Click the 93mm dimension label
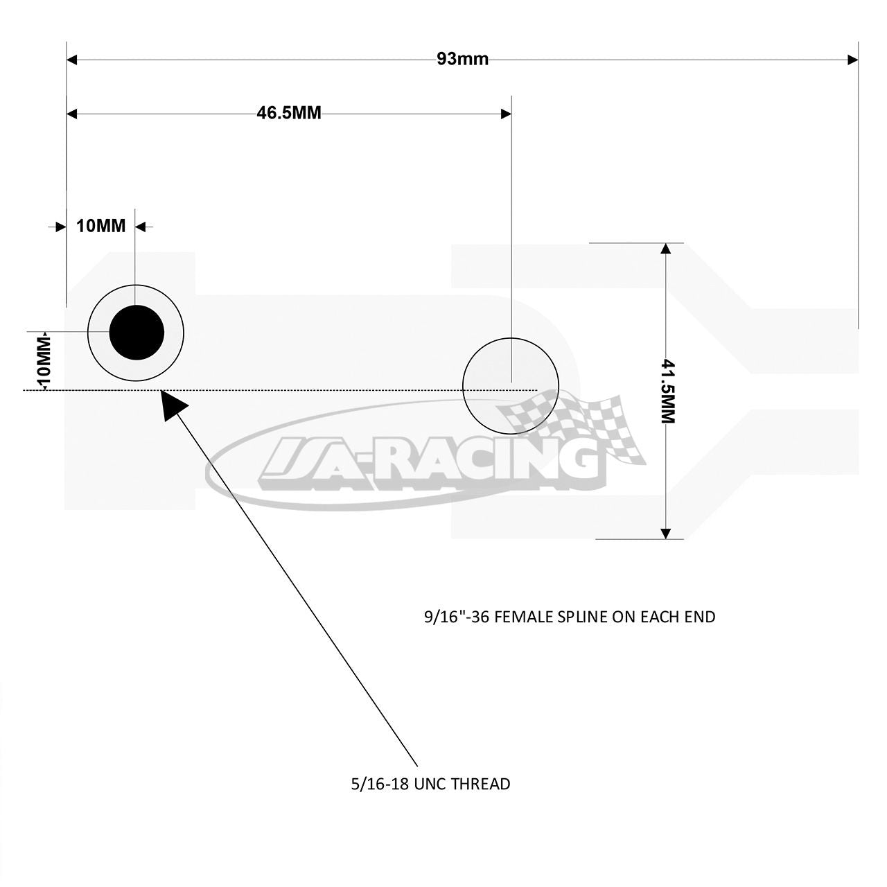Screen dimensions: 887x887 [462, 60]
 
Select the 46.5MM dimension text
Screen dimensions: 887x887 [288, 113]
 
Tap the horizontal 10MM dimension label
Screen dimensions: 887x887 [100, 226]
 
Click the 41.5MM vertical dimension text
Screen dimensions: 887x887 [667, 392]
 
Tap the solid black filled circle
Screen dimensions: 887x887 [137, 333]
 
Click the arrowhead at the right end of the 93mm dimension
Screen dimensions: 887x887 [852, 60]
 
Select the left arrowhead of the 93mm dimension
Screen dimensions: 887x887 [72, 60]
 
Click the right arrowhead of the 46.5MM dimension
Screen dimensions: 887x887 [506, 114]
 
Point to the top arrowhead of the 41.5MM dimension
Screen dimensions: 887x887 [665, 249]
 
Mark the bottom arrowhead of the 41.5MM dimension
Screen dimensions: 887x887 [665, 533]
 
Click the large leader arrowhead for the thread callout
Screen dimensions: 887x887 [173, 404]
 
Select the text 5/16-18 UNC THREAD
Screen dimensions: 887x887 [430, 784]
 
